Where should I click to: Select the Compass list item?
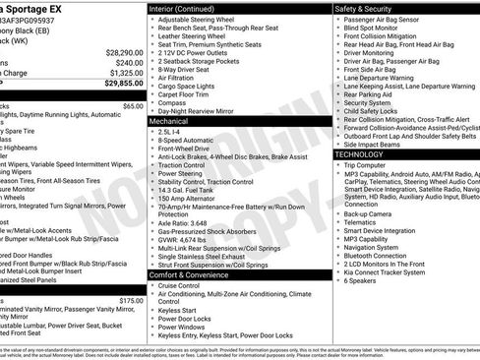[173, 101]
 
